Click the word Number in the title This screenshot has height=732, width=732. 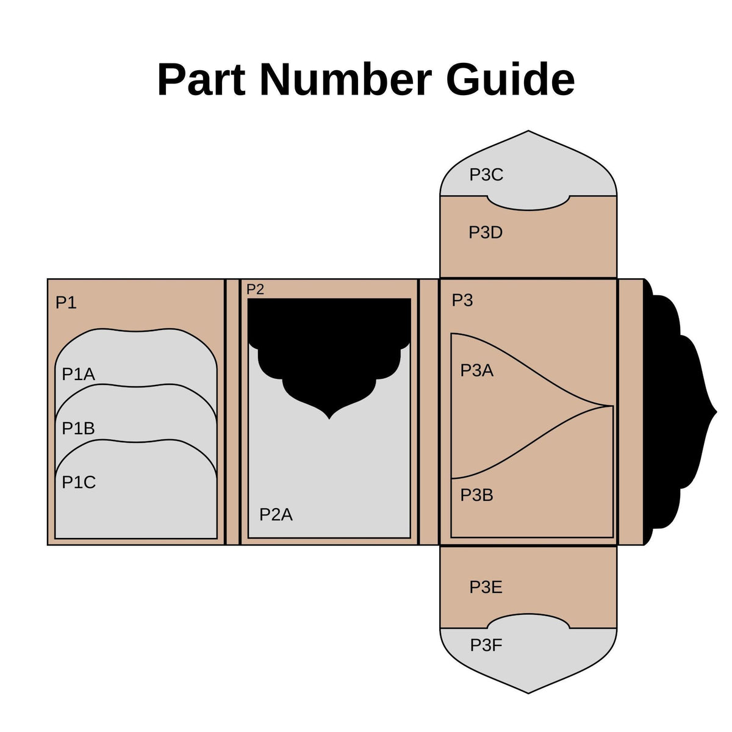346,79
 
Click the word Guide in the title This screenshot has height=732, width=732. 510,79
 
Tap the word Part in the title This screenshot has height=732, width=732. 201,79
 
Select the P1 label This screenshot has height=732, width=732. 66,303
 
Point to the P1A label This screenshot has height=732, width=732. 78,374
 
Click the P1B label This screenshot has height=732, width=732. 78,428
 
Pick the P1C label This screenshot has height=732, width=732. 79,482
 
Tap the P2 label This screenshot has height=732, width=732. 255,289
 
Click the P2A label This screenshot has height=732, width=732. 276,515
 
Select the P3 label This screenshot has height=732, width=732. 462,300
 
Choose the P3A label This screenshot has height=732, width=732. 477,370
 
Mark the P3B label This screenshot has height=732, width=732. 477,495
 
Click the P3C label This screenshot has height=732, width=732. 486,174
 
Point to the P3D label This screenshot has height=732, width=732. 486,232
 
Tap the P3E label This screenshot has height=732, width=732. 486,587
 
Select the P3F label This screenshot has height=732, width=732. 486,645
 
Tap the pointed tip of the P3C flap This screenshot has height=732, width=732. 528,131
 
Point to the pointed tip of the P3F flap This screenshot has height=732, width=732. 528,693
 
